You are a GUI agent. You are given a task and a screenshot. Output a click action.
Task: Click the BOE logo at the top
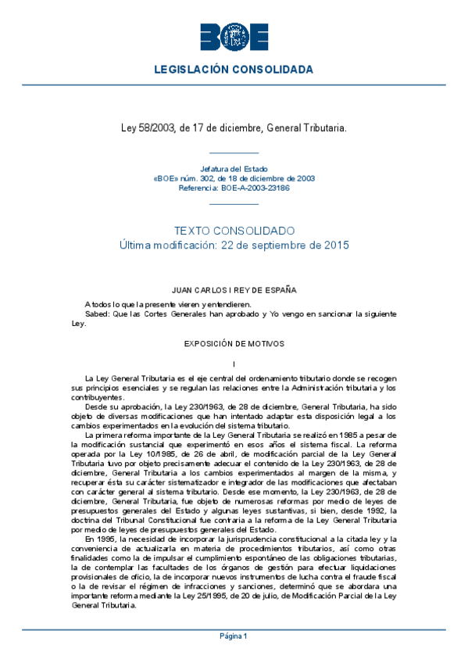pos(234,36)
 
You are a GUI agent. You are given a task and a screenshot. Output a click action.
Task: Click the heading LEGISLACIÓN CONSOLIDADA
pos(234,70)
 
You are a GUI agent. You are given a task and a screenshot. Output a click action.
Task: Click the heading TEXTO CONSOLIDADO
pos(234,231)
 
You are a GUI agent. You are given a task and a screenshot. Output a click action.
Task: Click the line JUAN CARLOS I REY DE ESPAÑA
pos(234,290)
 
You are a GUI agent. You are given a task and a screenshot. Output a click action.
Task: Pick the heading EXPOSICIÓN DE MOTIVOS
pos(234,343)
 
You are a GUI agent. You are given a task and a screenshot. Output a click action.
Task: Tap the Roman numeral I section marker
pos(234,364)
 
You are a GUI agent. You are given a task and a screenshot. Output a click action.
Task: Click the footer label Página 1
pos(234,636)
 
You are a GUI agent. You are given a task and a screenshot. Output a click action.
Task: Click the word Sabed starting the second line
pos(97,314)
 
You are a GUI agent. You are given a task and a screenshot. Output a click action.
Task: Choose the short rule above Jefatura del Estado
pos(234,154)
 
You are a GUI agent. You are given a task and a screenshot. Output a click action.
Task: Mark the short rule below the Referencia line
pos(234,202)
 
